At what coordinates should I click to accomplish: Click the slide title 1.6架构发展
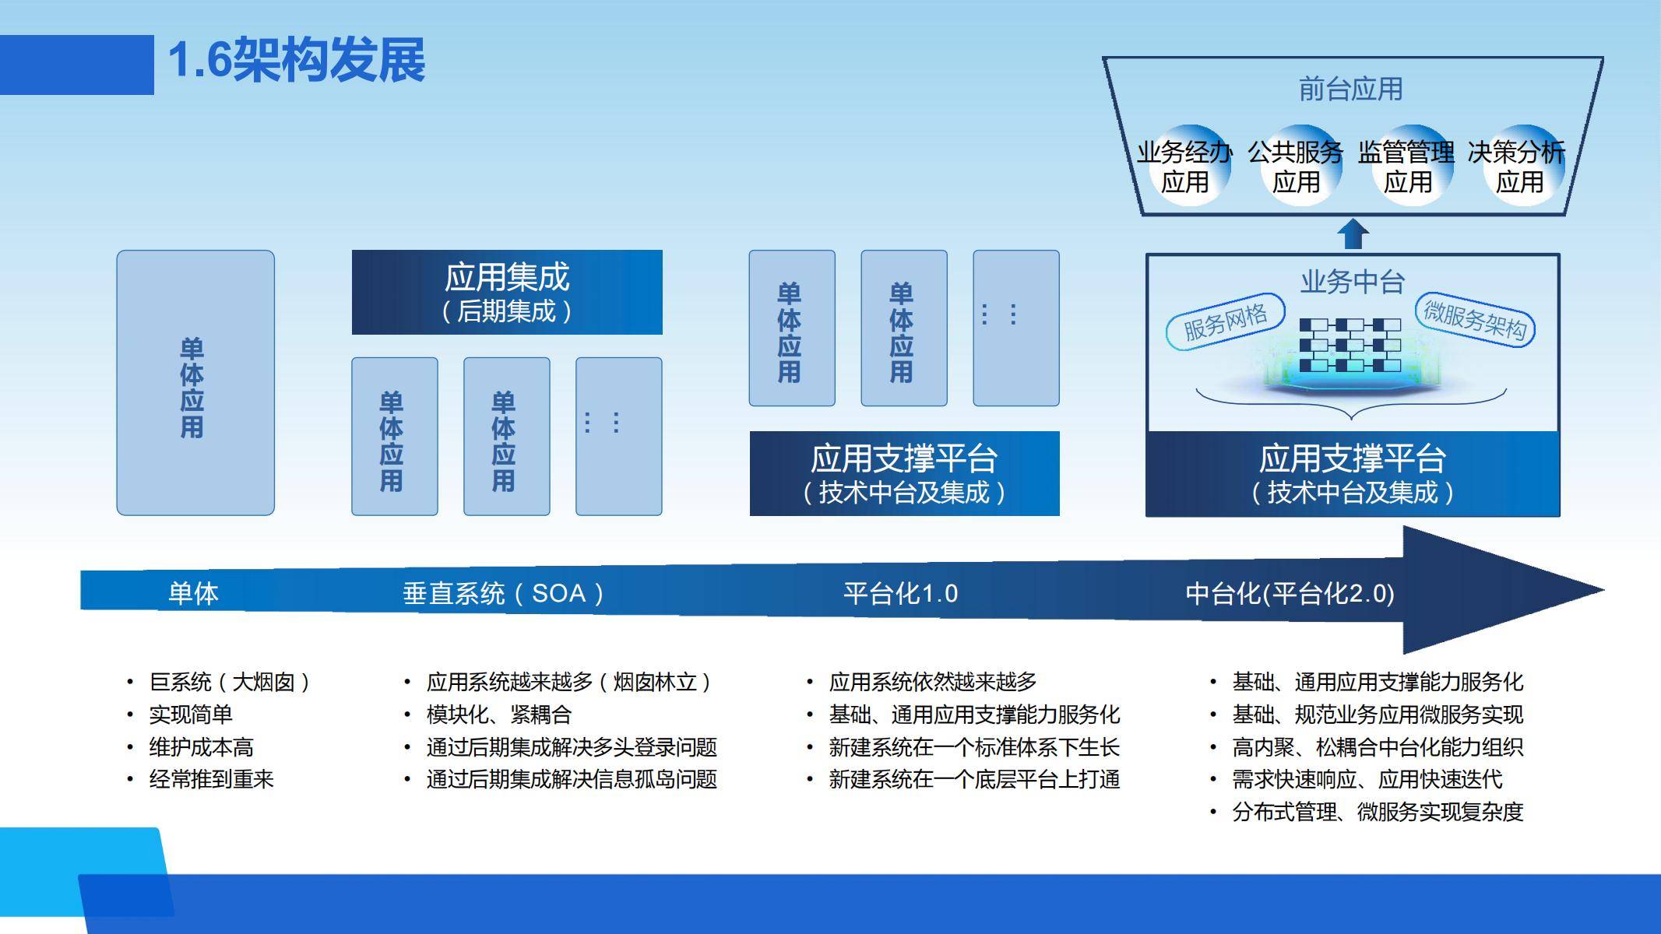pos(297,60)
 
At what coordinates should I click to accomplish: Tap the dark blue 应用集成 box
pos(507,292)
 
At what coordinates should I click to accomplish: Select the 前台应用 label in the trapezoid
pos(1350,89)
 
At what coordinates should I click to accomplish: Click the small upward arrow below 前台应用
pos(1353,233)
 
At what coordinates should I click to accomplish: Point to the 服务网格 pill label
pos(1226,321)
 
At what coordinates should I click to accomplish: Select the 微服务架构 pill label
pos(1474,319)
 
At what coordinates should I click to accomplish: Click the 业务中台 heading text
pos(1352,281)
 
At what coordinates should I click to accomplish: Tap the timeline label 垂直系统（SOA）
pos(504,594)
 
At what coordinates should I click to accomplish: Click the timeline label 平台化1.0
pos(900,594)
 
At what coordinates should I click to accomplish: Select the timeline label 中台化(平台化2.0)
pos(1290,594)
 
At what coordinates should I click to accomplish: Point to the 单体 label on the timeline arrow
pos(193,594)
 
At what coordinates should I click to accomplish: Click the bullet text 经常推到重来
pos(211,779)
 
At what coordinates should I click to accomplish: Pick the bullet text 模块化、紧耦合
pos(499,715)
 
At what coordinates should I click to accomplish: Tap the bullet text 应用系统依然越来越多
pos(933,682)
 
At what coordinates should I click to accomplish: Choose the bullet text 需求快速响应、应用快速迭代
pos(1367,779)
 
